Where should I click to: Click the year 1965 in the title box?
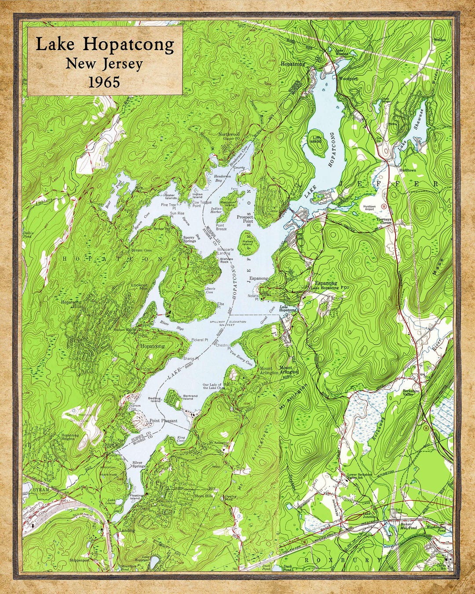point(104,82)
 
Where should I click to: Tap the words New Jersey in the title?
point(104,64)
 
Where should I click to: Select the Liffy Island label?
point(317,139)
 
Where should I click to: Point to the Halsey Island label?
point(247,242)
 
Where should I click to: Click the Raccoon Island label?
point(230,203)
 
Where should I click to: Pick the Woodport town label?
point(348,79)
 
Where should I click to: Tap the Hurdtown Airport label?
point(369,208)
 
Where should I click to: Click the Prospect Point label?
point(245,219)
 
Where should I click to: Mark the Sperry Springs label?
point(189,239)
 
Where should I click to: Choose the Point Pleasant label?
point(163,421)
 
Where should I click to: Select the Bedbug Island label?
point(155,400)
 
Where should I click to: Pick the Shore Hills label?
point(203,496)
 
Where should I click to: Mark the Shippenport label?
point(79,561)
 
